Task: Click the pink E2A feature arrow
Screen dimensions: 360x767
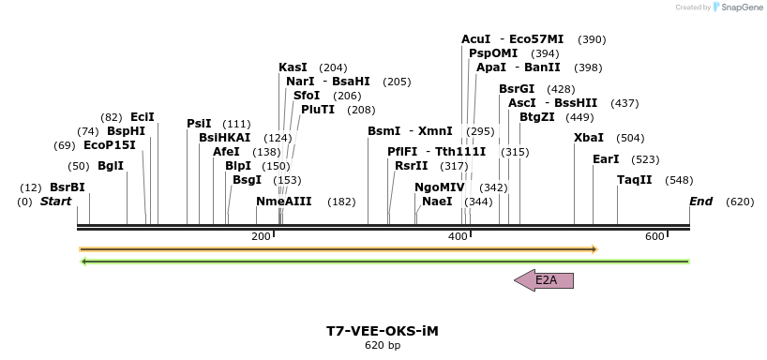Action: pyautogui.click(x=544, y=279)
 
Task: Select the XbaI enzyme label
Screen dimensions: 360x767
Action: pyautogui.click(x=589, y=138)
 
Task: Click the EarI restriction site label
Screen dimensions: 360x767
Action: pyautogui.click(x=607, y=159)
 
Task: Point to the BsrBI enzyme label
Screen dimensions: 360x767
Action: pyautogui.click(x=68, y=187)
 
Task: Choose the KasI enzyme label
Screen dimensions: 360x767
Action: pyautogui.click(x=293, y=67)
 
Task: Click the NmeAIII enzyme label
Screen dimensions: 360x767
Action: pyautogui.click(x=284, y=202)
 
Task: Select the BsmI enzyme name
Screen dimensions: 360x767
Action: pyautogui.click(x=383, y=131)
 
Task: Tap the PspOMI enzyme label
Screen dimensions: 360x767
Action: pyautogui.click(x=493, y=53)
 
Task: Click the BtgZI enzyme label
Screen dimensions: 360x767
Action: pyautogui.click(x=537, y=117)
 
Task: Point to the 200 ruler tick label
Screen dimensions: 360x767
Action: pyautogui.click(x=261, y=236)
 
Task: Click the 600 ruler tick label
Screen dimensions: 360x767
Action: pyautogui.click(x=654, y=236)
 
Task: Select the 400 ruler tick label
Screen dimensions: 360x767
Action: pyautogui.click(x=458, y=236)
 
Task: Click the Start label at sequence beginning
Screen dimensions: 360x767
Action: pyautogui.click(x=55, y=202)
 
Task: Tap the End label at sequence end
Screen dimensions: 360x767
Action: pyautogui.click(x=700, y=202)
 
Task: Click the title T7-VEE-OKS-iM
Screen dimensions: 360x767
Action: pyautogui.click(x=383, y=331)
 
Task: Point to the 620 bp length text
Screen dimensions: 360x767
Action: pyautogui.click(x=383, y=346)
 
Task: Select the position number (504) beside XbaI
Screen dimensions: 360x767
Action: pyautogui.click(x=630, y=138)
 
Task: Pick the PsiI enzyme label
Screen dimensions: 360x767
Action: pyautogui.click(x=199, y=124)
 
